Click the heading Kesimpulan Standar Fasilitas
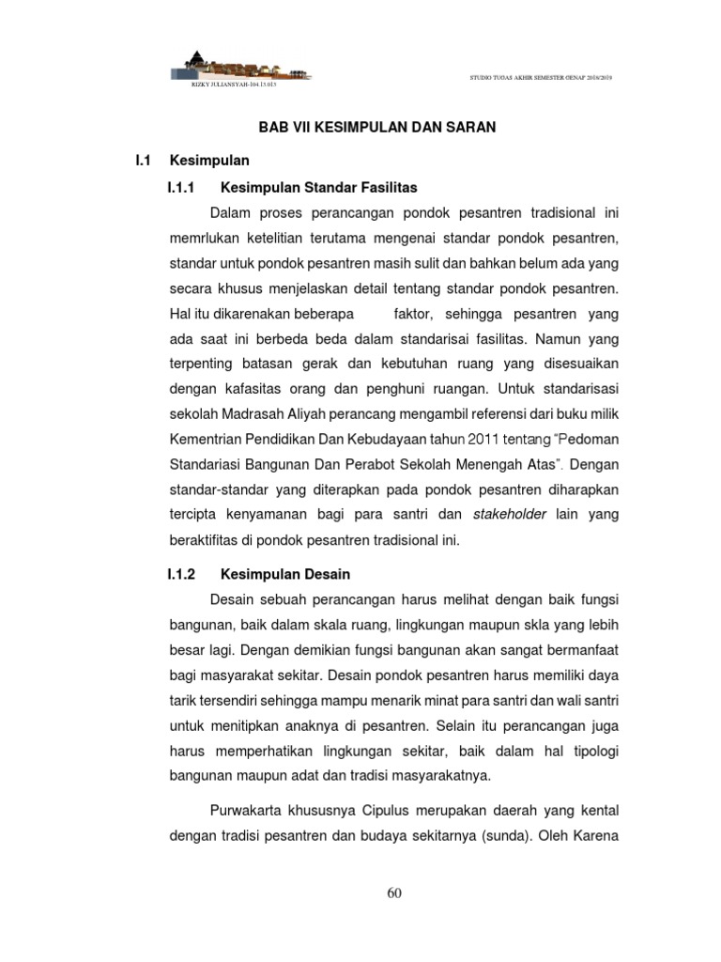[318, 188]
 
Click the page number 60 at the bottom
[394, 893]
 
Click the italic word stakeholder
[510, 514]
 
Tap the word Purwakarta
[248, 809]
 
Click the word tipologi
[591, 751]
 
